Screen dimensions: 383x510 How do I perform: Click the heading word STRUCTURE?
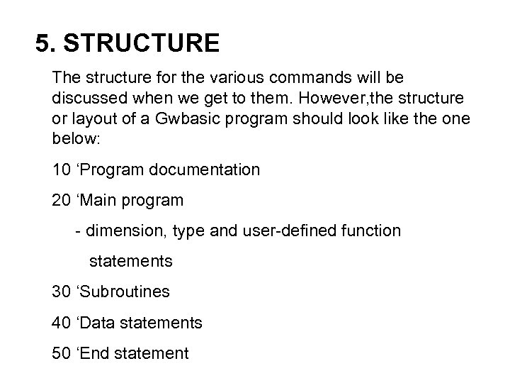pos(141,44)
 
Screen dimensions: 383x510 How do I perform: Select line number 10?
pos(61,170)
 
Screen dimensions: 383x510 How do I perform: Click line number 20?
pos(61,201)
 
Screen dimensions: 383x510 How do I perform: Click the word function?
pos(374,231)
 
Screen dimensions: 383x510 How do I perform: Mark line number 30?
pos(61,292)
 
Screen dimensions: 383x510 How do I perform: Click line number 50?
pos(61,353)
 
